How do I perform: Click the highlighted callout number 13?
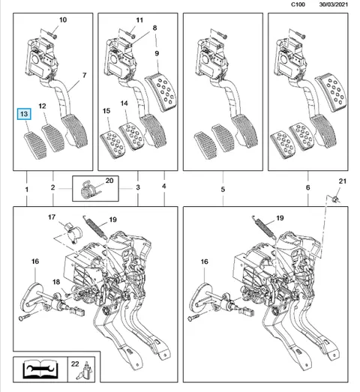click(x=24, y=114)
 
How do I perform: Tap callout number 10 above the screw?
click(x=63, y=19)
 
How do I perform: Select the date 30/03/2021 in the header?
click(x=334, y=4)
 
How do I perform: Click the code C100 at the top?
click(x=298, y=4)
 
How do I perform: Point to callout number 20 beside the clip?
click(x=109, y=181)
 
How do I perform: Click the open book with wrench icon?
click(x=40, y=369)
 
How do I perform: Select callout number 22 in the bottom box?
click(x=75, y=364)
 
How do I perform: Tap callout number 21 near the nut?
click(x=343, y=181)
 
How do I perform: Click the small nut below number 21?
click(x=335, y=199)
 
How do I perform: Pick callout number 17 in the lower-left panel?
click(x=52, y=217)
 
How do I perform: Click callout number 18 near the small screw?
click(x=56, y=282)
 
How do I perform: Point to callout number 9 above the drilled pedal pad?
click(x=157, y=53)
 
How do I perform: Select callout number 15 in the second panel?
click(x=106, y=111)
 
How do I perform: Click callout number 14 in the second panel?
click(x=124, y=103)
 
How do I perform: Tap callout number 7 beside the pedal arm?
click(x=84, y=75)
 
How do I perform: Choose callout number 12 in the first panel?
click(x=42, y=106)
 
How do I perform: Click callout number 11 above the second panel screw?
click(x=139, y=20)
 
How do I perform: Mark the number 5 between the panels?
click(x=223, y=189)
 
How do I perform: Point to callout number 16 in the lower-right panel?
click(x=205, y=262)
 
